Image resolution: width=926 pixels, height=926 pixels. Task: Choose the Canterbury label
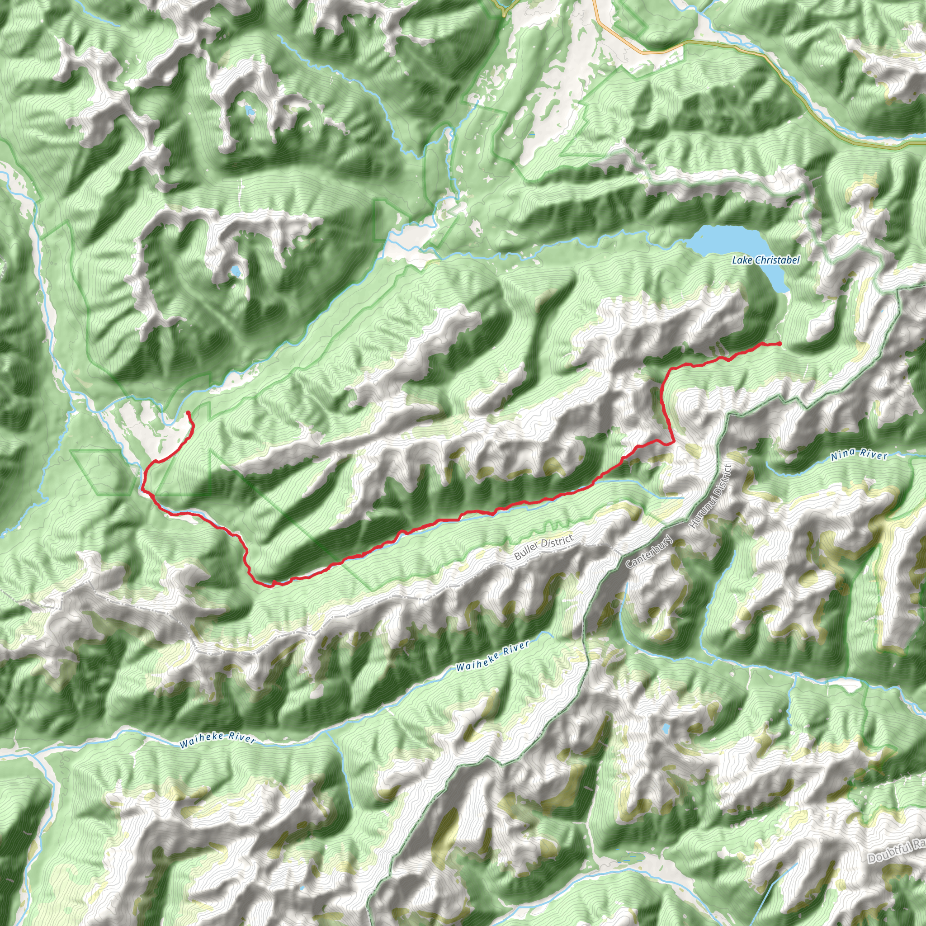point(649,552)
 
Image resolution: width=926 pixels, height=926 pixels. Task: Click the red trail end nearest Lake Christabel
point(780,344)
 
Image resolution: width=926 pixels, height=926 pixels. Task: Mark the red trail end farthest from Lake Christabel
point(188,412)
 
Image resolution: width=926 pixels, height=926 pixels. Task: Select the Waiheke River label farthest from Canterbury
point(217,737)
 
